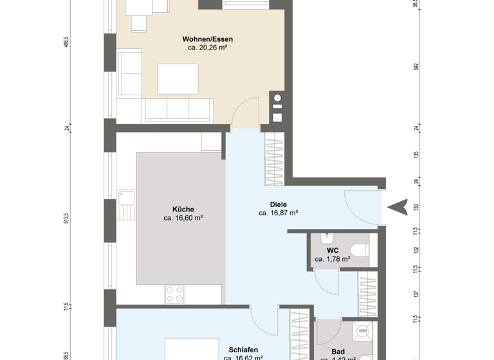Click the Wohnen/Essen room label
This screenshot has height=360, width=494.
pos(203,39)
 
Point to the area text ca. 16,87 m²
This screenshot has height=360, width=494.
pos(278,213)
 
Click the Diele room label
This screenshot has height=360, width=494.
pos(278,204)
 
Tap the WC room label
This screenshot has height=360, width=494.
pos(332,250)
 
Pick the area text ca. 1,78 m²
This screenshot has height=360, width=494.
pos(332,259)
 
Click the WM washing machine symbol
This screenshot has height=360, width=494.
pos(363,332)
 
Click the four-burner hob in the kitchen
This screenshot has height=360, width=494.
pos(175,294)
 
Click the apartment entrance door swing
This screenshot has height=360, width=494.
pos(360,204)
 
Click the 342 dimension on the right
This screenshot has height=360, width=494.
pos(417,66)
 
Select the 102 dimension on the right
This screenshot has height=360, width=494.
pos(417,250)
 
